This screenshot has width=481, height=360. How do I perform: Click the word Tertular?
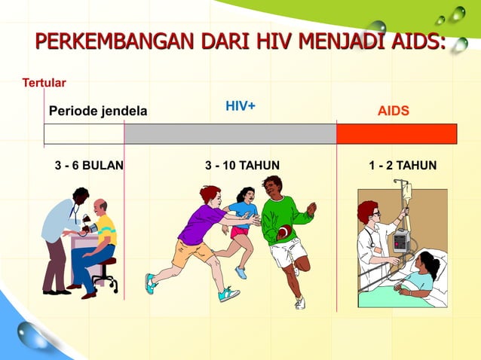click(44, 82)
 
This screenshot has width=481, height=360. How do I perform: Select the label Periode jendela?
click(98, 112)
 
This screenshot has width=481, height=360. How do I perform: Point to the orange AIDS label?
click(394, 111)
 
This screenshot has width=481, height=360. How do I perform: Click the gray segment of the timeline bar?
click(230, 134)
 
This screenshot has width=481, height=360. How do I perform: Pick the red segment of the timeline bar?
click(397, 134)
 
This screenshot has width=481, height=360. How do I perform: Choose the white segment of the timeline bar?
click(84, 134)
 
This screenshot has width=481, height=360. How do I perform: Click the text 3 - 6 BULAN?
click(90, 165)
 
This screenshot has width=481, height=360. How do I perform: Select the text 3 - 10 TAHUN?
click(242, 165)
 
